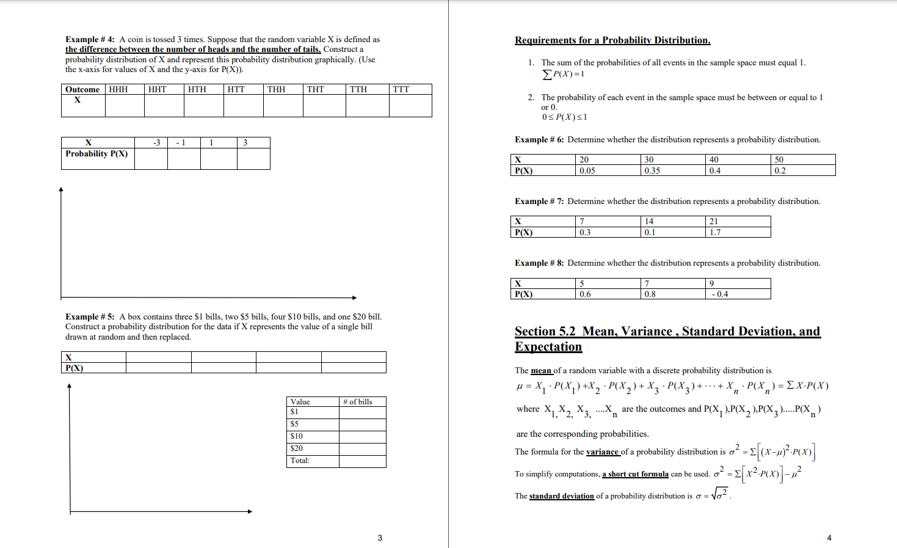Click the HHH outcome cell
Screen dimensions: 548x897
[x=118, y=89]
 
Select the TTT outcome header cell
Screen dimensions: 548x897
[x=401, y=89]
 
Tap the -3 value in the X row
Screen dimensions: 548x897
[x=156, y=142]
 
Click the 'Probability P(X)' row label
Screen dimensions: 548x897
[x=96, y=154]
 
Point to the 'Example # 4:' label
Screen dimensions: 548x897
[x=90, y=40]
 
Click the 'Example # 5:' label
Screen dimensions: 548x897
[x=90, y=316]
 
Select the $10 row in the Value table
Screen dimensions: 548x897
[x=297, y=436]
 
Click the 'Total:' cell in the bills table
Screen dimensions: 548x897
[x=300, y=461]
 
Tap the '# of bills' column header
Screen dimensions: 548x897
[x=358, y=402]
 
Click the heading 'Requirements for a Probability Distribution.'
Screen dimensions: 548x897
[x=612, y=40]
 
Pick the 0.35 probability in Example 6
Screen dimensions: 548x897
[x=652, y=171]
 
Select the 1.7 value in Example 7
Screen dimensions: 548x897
[x=715, y=233]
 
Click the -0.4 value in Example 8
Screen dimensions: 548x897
[x=720, y=294]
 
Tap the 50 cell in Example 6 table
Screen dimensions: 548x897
[x=779, y=160]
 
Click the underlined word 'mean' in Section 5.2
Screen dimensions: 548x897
[x=541, y=371]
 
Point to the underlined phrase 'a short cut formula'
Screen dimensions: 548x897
[x=635, y=474]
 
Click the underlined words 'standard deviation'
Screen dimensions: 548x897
[x=561, y=496]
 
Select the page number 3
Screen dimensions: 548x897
[x=380, y=538]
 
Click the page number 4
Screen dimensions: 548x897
[x=829, y=538]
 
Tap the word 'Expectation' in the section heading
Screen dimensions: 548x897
[x=548, y=347]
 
